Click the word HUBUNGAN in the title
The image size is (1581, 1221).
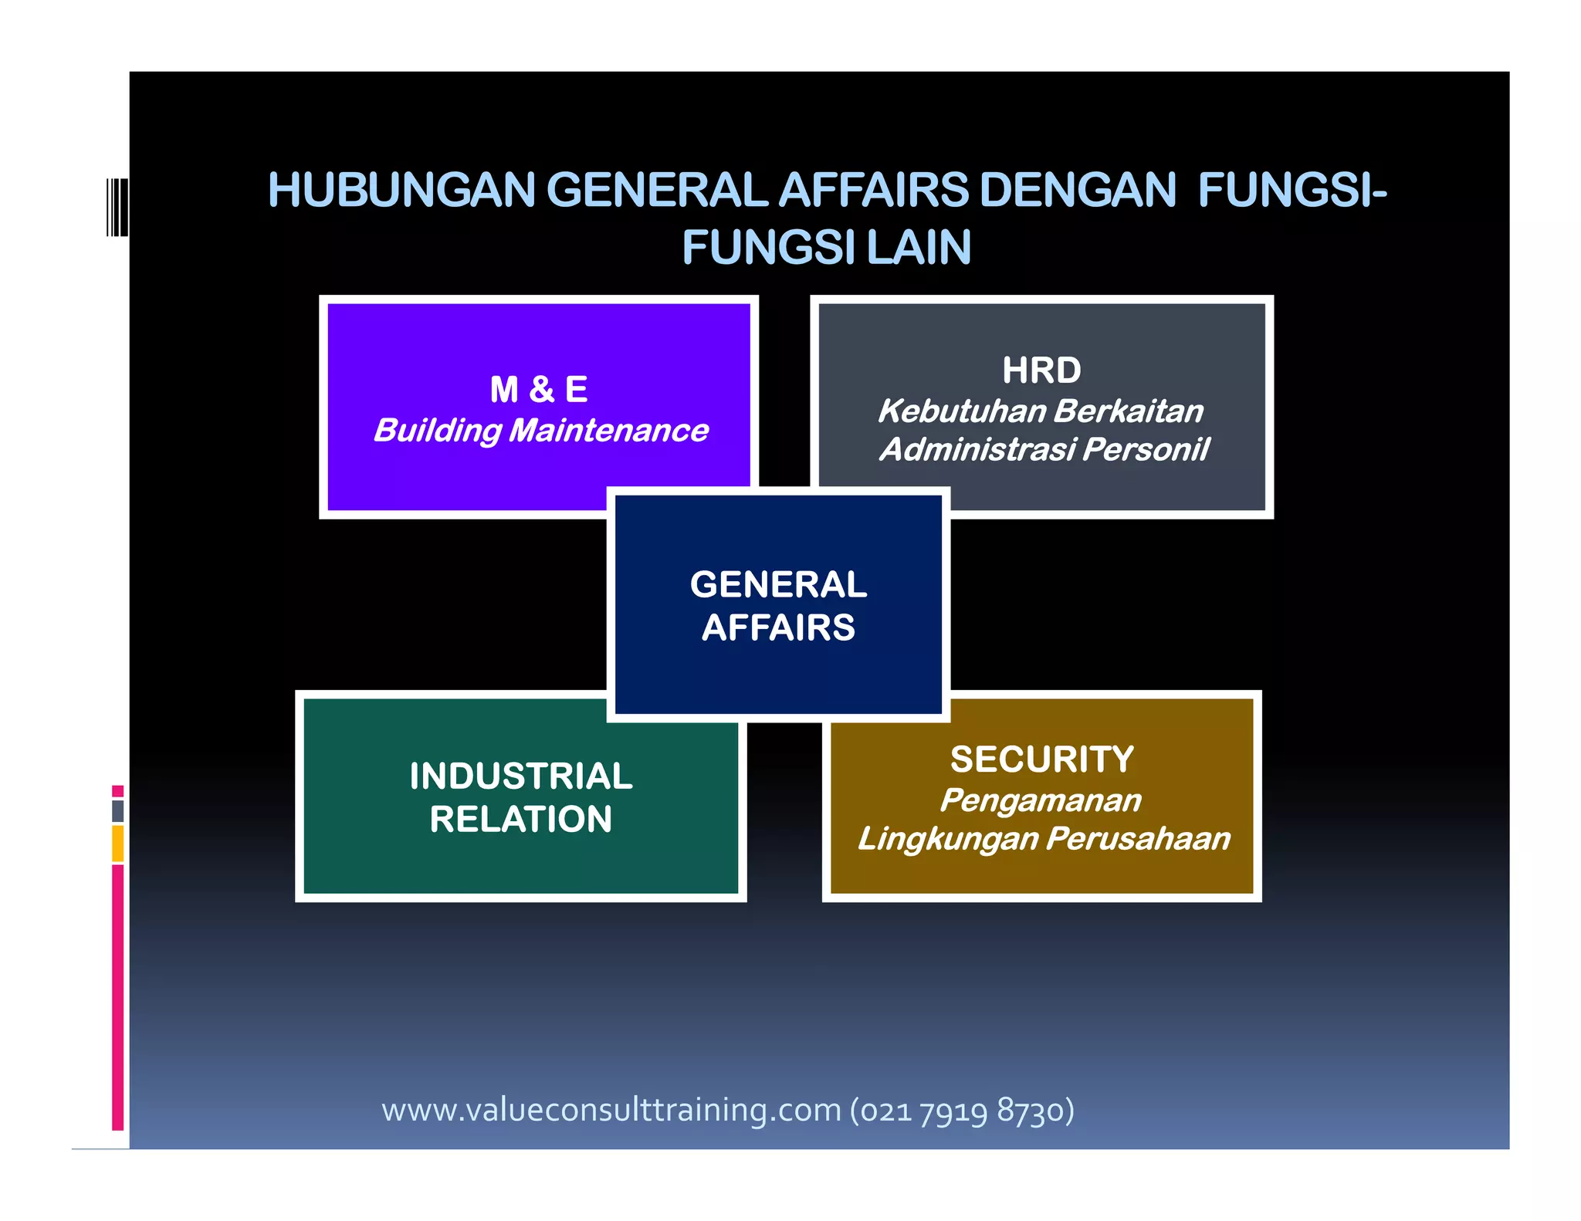[x=401, y=191]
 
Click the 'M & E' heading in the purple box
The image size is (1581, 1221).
[x=539, y=390]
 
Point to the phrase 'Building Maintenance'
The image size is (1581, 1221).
[x=540, y=431]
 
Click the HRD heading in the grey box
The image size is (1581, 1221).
[x=1041, y=370]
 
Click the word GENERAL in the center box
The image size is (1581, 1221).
[x=778, y=585]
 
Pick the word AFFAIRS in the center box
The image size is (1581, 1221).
[x=778, y=627]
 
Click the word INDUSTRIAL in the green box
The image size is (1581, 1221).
[x=521, y=776]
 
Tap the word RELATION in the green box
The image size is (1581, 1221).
[x=521, y=819]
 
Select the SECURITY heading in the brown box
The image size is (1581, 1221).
[x=1042, y=759]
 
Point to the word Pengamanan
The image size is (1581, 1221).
[x=1041, y=800]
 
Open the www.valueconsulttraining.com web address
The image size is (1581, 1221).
[x=611, y=1110]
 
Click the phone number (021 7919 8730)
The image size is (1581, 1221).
[x=962, y=1110]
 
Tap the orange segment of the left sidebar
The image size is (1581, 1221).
[x=117, y=843]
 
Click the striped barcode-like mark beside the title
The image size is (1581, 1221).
[x=117, y=207]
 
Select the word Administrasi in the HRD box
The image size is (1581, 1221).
[x=977, y=449]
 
